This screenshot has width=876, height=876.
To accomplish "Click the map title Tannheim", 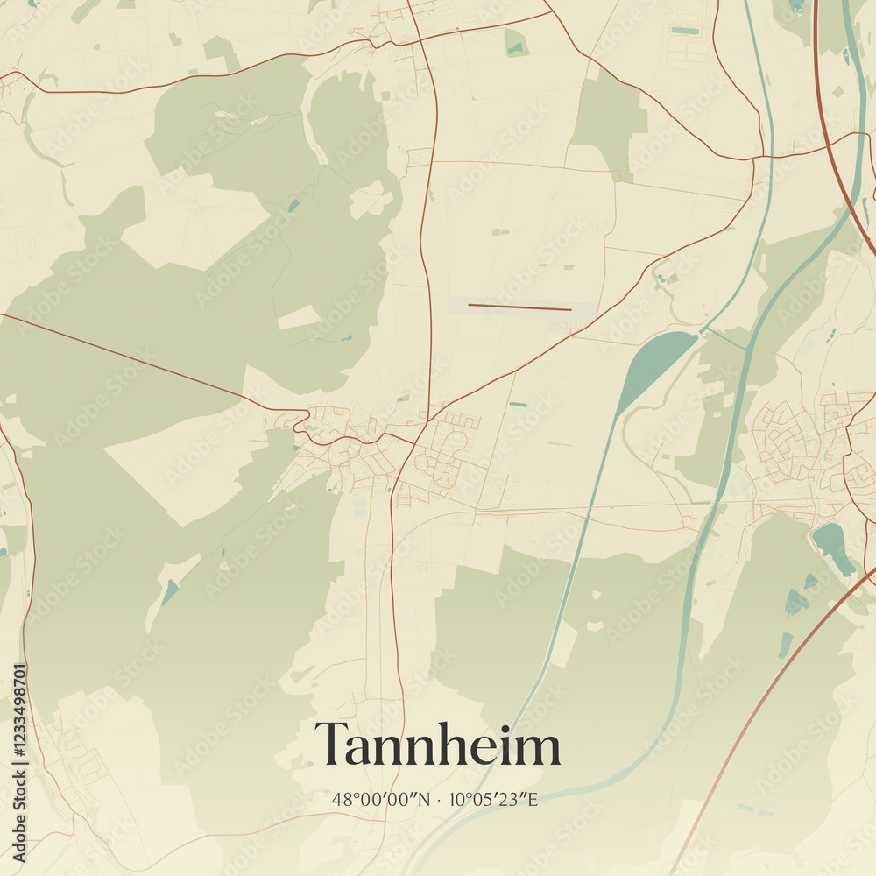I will [x=437, y=745].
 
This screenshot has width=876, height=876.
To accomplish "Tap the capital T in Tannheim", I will [x=330, y=745].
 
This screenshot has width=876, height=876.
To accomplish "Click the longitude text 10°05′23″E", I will [x=493, y=799].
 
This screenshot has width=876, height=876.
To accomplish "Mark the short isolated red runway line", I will [x=519, y=307].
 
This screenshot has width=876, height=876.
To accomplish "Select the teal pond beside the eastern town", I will [x=832, y=547].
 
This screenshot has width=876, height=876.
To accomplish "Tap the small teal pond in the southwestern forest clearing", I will [x=170, y=592].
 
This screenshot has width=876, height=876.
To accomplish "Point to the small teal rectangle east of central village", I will [x=518, y=405].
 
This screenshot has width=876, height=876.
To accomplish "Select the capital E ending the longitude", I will [x=532, y=799].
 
